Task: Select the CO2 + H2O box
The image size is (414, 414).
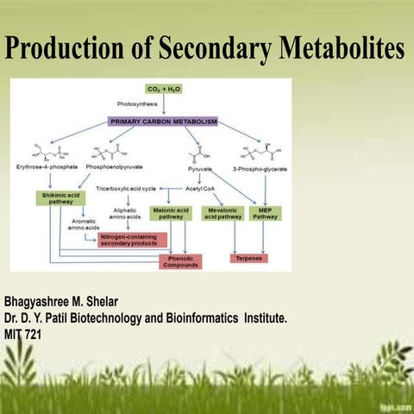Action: click(163, 89)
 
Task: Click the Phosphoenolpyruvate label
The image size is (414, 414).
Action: click(114, 167)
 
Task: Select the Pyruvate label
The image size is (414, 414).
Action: click(200, 167)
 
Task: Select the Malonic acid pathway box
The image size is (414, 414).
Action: click(170, 213)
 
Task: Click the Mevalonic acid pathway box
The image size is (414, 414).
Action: click(223, 213)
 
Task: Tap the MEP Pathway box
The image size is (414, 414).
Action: click(265, 213)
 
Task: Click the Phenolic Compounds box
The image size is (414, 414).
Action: click(180, 260)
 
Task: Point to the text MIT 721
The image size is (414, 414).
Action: click(22, 333)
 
